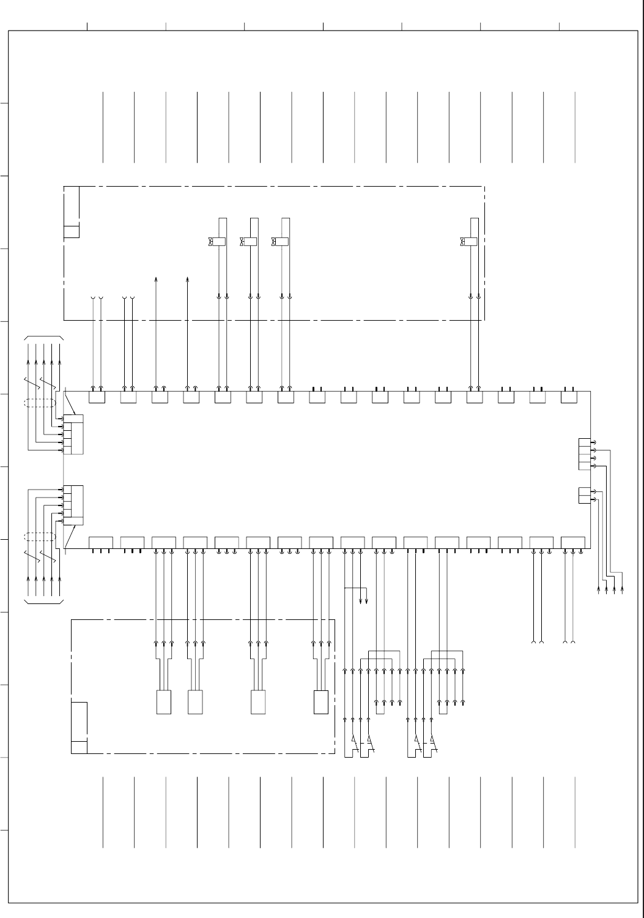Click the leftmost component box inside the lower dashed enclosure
[x=164, y=702]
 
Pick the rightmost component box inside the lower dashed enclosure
[x=321, y=702]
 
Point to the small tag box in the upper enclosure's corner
[x=72, y=231]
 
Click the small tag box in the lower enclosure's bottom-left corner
[x=79, y=747]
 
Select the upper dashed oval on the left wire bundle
[x=40, y=403]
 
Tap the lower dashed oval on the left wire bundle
[x=40, y=537]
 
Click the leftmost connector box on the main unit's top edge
[x=97, y=398]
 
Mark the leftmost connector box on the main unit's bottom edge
[x=101, y=542]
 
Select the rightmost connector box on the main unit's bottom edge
[x=572, y=542]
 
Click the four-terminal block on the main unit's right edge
[x=584, y=454]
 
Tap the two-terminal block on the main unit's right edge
[x=584, y=495]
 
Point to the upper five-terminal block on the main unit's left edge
[x=73, y=435]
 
